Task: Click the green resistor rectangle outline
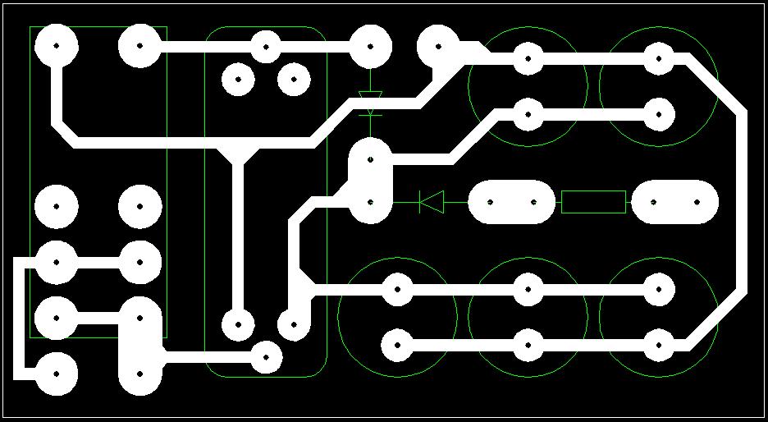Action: (x=593, y=202)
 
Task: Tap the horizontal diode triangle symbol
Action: (x=432, y=201)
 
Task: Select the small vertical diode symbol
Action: (x=371, y=103)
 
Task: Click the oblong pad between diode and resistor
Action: (x=511, y=202)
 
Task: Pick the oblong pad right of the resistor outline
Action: (x=674, y=202)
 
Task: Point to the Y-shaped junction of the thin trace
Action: (x=238, y=154)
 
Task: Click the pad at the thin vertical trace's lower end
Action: (x=238, y=324)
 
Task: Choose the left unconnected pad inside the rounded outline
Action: (x=238, y=80)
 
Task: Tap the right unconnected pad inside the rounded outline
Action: (x=294, y=80)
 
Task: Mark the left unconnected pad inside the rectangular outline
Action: (x=56, y=206)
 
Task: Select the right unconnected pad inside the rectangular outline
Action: (x=139, y=206)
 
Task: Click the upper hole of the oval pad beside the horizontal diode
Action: (x=371, y=160)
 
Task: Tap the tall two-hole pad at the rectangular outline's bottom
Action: (x=139, y=345)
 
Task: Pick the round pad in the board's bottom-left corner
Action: (x=56, y=374)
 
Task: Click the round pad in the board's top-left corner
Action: (x=56, y=46)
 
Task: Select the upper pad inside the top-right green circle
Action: (x=658, y=58)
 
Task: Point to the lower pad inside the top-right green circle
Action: (x=658, y=114)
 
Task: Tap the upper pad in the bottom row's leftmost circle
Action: (x=397, y=290)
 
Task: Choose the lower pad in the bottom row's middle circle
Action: (x=528, y=346)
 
